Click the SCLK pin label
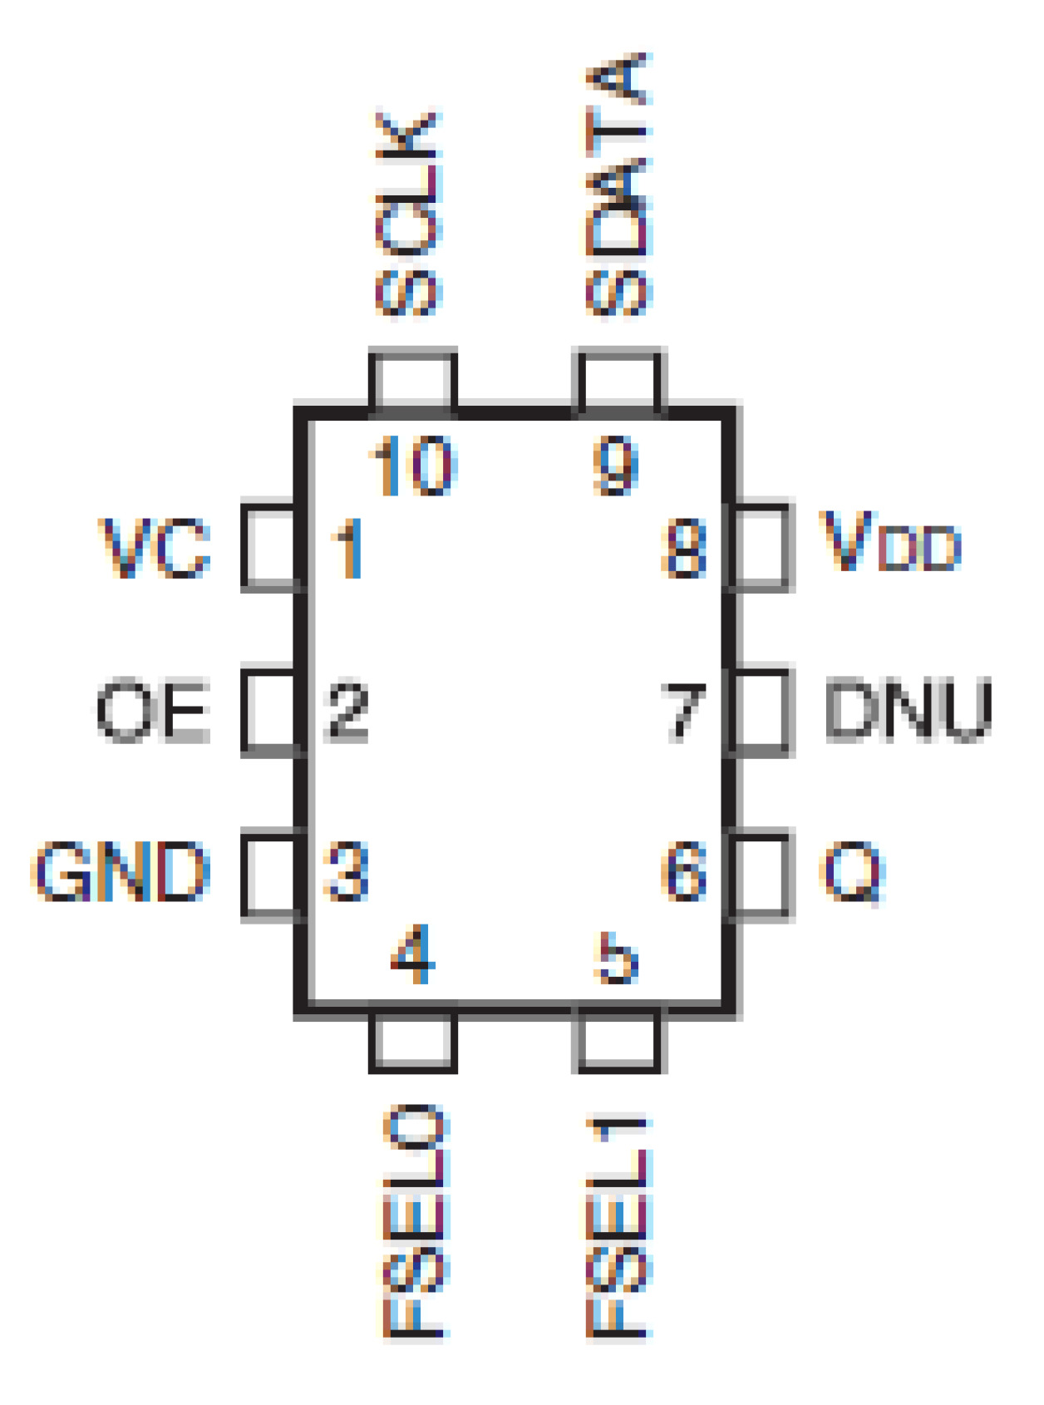click(x=407, y=214)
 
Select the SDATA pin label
click(x=618, y=185)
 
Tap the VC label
click(x=155, y=548)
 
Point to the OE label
click(x=153, y=711)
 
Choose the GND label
click(x=121, y=871)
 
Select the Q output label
click(x=853, y=871)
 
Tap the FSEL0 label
click(x=416, y=1222)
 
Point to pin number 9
click(x=616, y=466)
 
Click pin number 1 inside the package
click(x=348, y=548)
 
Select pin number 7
click(x=684, y=711)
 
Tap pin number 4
click(x=413, y=954)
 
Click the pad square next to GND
click(x=269, y=874)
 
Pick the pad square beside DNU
click(x=761, y=711)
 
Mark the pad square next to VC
click(x=269, y=546)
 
